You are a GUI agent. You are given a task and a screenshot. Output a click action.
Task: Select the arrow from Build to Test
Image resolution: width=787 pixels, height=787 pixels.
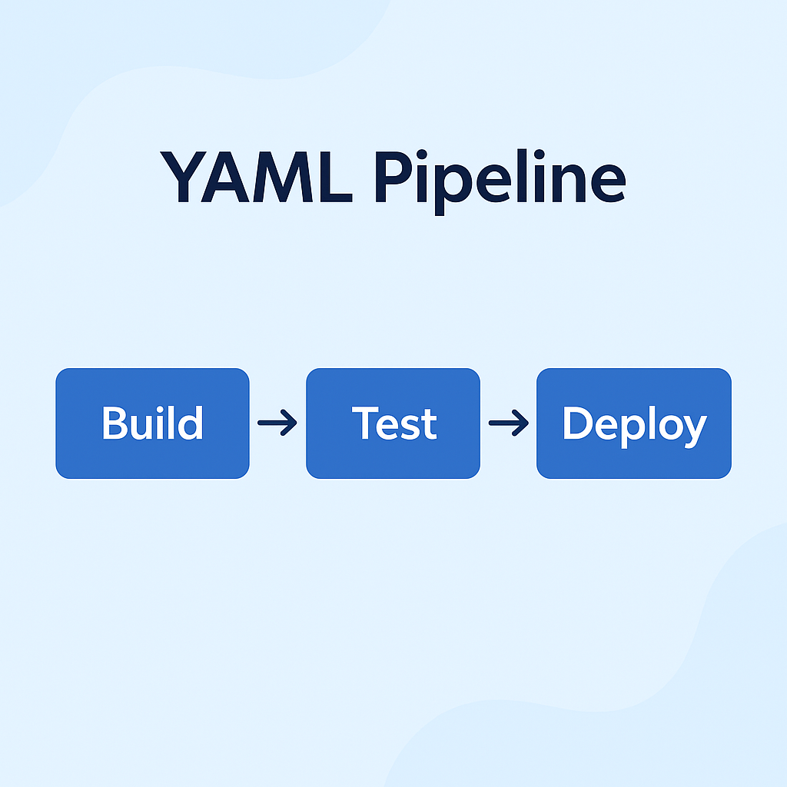click(277, 423)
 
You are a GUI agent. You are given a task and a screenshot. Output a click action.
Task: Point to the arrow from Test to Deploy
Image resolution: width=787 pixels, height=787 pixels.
click(508, 423)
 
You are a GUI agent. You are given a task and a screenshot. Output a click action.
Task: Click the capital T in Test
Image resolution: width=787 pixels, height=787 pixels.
click(365, 423)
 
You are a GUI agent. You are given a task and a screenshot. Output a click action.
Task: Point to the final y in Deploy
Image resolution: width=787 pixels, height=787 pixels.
click(692, 429)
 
